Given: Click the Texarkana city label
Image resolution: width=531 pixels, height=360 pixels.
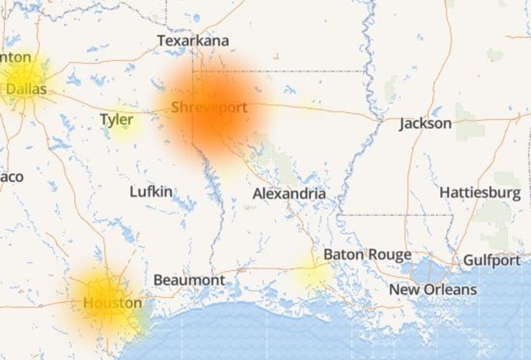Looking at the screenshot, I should point(193,41).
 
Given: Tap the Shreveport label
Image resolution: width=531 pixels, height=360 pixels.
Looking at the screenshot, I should point(209,107).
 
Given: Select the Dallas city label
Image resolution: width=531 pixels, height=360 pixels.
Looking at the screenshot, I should point(26,89).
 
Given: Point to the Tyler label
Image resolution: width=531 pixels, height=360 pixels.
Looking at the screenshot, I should point(116,120).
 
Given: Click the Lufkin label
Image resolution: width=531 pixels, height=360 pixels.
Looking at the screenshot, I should point(151,191).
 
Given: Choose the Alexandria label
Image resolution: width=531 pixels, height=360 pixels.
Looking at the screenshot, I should point(289,194).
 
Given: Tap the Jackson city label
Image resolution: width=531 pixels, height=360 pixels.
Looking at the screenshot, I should point(425,124).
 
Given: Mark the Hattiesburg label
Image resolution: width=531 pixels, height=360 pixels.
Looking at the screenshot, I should point(480,192).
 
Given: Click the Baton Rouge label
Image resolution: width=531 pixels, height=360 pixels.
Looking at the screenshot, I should point(367,255).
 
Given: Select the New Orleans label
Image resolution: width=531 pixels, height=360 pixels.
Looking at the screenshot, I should point(433,290).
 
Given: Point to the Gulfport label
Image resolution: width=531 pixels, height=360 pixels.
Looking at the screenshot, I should point(491,261).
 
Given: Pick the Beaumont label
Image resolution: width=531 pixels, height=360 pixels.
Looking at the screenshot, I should point(189,280).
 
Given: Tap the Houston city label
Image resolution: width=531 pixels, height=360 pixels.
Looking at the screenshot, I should point(113,303).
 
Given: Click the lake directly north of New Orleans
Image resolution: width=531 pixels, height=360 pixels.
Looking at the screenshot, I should point(428,269).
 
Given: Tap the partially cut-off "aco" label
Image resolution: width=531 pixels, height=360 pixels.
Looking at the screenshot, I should point(12,177).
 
